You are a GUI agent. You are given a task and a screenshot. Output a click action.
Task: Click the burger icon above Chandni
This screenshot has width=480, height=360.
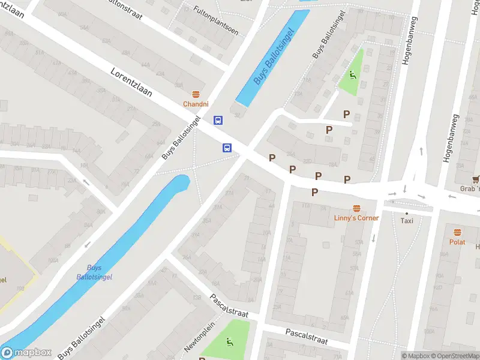point(196,94)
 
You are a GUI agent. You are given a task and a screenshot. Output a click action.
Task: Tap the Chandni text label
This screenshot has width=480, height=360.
point(196,104)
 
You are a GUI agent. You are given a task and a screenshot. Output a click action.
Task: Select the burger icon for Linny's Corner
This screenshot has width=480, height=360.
point(356,208)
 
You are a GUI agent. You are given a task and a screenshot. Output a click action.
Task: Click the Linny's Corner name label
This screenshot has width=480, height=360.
point(356,218)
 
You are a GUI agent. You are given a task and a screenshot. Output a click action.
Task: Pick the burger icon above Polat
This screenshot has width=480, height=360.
point(457,232)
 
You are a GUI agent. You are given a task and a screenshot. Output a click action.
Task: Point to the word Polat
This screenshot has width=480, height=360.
point(457,242)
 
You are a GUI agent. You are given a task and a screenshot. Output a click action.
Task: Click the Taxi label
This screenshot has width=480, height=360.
point(407,221)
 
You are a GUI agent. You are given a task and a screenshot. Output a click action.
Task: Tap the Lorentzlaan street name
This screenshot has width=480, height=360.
point(131,83)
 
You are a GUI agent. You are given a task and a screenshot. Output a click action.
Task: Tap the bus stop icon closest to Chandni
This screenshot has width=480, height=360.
point(218,120)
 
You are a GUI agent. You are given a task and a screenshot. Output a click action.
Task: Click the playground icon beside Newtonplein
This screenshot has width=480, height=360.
point(229,343)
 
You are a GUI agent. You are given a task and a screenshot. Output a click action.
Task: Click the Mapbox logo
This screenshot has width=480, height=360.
point(26,353)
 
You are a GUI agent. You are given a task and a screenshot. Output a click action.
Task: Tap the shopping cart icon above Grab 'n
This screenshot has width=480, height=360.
point(476,179)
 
